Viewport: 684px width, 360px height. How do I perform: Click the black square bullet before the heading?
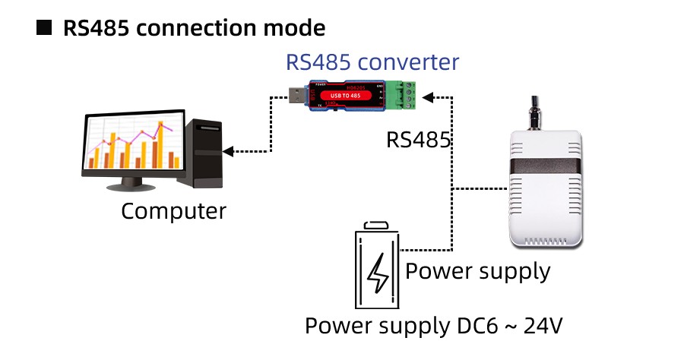coord(45,29)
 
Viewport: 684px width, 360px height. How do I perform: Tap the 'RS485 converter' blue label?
coord(372,62)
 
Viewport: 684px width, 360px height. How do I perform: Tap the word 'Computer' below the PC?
coord(173,210)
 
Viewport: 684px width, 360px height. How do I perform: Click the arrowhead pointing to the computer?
coord(229,152)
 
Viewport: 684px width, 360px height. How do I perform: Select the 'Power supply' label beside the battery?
coord(478,270)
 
